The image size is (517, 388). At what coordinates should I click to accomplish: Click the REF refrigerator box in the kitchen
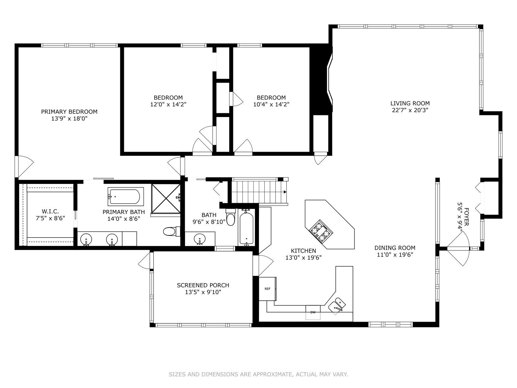coord(267,289)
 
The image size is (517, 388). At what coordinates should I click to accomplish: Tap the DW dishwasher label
coord(313,312)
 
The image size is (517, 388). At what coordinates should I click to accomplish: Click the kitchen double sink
coord(337,306)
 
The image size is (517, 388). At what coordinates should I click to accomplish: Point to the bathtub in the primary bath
coord(125,196)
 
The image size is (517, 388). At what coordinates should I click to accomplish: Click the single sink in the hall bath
coord(200,239)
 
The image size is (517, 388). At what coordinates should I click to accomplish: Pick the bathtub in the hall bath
coord(246,229)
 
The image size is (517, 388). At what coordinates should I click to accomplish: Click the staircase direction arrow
coord(285,192)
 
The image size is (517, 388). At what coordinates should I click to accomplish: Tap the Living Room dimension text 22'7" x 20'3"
coord(410,110)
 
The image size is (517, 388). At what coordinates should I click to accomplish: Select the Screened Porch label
coord(203,285)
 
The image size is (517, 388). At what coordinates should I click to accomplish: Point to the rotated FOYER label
coord(466,217)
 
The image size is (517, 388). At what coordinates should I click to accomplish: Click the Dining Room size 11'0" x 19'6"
coord(395,255)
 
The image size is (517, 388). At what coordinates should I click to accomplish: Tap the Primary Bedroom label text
coord(69,112)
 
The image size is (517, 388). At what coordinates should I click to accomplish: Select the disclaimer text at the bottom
coord(258,374)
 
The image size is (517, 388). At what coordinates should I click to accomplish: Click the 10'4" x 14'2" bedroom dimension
coord(271,104)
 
